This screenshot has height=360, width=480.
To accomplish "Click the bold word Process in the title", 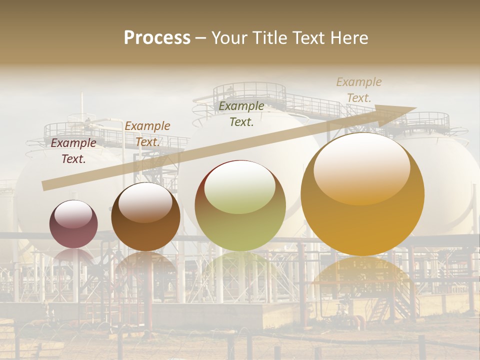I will (157, 38).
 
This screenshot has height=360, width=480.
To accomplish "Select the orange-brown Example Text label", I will (147, 133).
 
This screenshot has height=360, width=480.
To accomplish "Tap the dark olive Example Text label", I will (241, 113).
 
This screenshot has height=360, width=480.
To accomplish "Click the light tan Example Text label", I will (359, 90).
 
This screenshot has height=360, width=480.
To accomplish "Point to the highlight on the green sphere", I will (240, 187).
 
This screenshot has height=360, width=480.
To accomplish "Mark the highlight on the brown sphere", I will (145, 202).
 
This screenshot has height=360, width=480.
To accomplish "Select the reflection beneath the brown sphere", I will (145, 265).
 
